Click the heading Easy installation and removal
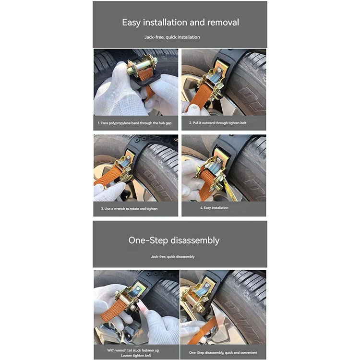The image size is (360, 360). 180,23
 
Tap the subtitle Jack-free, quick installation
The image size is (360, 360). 172,37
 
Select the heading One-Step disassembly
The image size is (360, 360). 174,240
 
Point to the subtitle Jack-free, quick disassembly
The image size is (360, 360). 173,257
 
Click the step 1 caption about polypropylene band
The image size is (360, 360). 134,123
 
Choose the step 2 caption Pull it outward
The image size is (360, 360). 217,123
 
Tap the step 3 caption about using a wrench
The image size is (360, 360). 129,209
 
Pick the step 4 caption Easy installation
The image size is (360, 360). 214,208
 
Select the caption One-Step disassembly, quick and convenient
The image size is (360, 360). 223,352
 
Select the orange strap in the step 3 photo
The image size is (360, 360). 107,176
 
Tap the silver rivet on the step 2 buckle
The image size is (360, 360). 219,70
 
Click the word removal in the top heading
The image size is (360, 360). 223,23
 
